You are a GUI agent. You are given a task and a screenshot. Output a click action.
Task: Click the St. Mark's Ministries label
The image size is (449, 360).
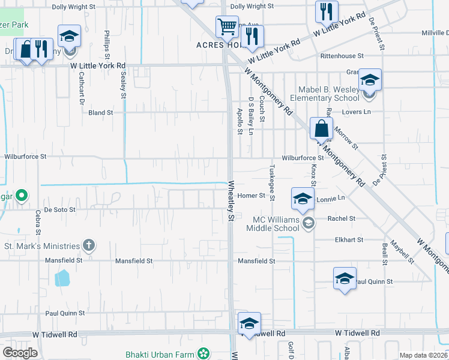42,246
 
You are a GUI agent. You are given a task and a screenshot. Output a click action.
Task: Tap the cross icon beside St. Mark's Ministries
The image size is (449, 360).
89,245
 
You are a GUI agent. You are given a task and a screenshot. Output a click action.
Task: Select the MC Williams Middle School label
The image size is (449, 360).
276,224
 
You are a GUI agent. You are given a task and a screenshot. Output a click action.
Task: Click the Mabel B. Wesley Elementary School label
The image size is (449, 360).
325,94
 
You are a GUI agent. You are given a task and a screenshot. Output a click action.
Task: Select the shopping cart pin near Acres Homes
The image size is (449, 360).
227,26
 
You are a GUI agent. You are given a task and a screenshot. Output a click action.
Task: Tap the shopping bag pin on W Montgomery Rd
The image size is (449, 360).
321,128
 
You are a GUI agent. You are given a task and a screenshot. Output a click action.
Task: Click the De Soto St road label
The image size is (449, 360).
60,210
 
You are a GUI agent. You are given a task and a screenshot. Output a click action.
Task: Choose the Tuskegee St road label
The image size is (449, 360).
272,182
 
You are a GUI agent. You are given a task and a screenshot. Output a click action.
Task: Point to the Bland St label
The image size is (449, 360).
101,112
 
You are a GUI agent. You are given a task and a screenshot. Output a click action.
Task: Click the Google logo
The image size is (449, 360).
20,352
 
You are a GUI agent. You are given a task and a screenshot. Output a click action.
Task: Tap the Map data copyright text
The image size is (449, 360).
423,355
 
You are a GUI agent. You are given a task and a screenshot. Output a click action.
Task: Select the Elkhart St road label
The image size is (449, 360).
349,239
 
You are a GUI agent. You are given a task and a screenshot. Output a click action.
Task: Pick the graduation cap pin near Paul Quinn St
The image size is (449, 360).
345,278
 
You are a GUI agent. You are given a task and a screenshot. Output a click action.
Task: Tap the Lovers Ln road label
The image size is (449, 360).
357,112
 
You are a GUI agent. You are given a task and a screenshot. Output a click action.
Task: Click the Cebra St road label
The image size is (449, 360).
38,223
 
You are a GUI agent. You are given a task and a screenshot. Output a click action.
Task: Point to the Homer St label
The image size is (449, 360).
251,196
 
